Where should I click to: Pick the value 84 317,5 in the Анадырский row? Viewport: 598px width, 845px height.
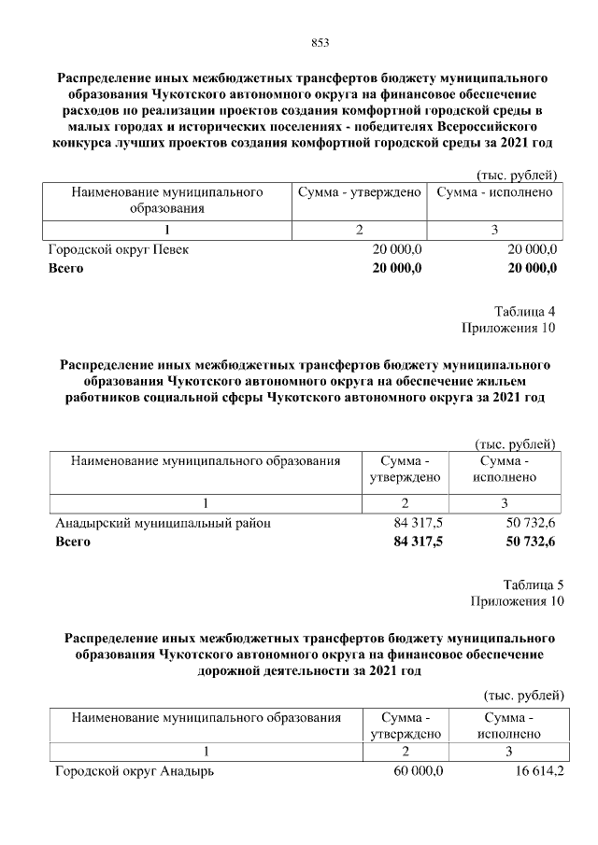418,524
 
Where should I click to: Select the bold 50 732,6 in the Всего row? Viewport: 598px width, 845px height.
530,542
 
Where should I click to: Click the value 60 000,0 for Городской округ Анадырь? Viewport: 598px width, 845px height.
418,772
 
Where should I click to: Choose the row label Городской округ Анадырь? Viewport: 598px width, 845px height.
135,772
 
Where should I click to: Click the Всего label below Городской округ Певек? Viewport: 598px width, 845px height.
65,268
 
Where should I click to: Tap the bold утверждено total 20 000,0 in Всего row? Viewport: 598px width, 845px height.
397,268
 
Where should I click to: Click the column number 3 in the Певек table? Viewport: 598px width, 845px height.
494,230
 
